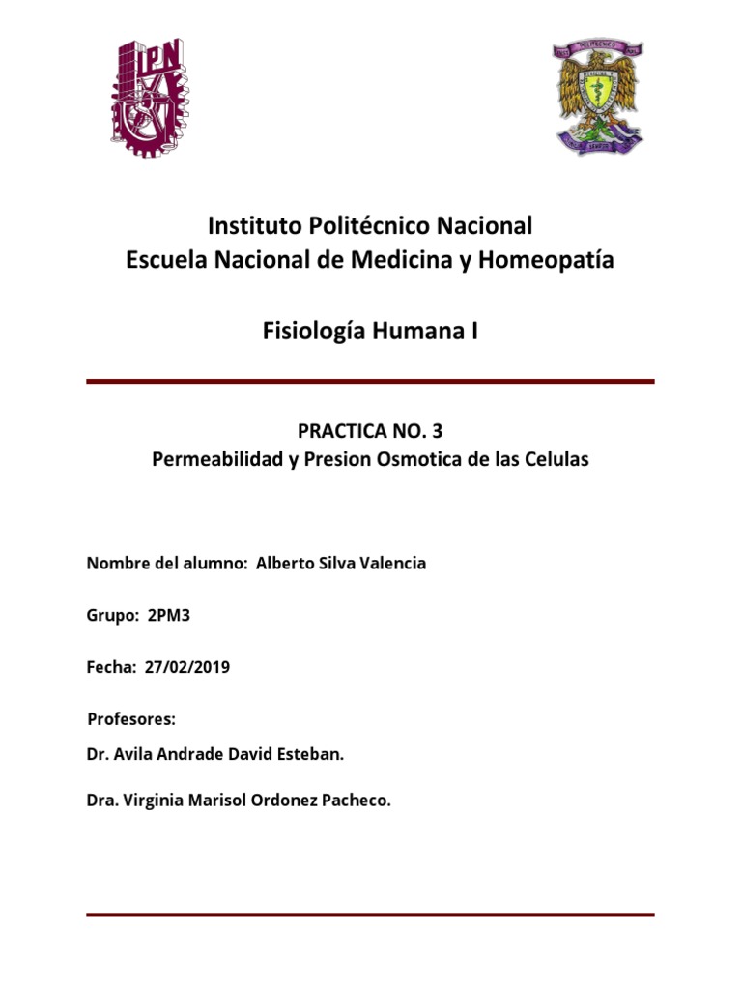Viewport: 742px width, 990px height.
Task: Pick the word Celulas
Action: [556, 459]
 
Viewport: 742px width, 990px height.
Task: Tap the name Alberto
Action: [286, 563]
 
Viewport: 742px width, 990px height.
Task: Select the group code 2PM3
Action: [170, 615]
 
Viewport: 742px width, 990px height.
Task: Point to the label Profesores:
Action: [131, 719]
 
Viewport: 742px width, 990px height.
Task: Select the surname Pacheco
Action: [357, 800]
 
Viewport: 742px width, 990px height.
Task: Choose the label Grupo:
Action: [113, 615]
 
